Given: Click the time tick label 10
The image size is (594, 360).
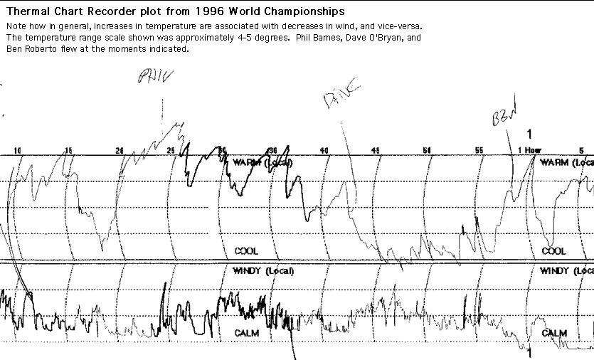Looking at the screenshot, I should point(18,150).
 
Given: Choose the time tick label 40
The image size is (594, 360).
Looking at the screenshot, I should point(324,150).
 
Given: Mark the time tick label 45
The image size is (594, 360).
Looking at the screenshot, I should point(376,150).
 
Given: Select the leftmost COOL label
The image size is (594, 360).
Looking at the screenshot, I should point(246,251).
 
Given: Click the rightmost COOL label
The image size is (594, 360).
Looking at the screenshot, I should point(554,251).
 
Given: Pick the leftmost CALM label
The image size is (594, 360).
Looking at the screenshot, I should point(246,332).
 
